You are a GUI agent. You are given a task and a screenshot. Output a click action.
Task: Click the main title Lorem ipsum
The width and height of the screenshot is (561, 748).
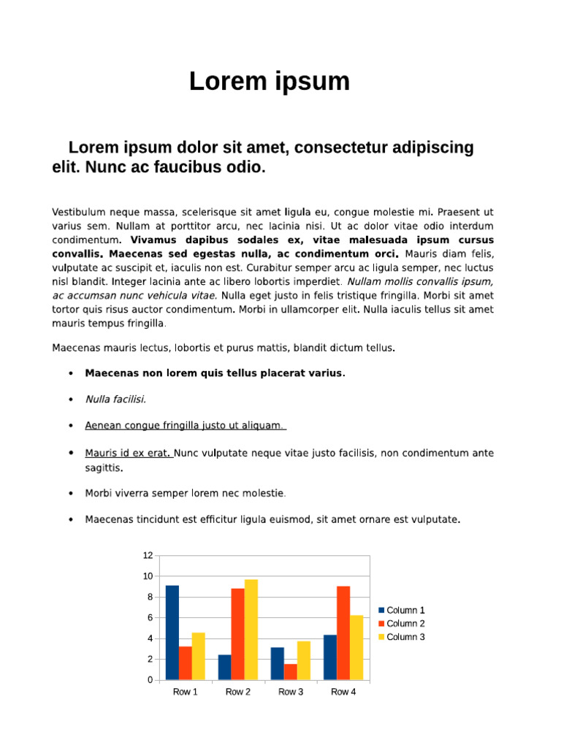point(270,82)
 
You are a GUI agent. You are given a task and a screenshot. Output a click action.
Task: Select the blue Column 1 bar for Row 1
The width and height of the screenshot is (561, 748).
point(172,633)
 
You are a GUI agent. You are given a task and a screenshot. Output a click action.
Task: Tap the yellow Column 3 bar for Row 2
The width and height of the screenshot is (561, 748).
point(251,629)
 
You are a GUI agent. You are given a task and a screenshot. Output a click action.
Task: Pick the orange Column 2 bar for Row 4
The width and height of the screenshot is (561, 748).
point(343,633)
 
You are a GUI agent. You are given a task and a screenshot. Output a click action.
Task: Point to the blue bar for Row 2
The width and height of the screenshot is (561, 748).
point(224,667)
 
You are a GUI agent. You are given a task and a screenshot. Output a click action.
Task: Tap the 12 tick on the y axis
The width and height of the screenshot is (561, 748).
point(148,556)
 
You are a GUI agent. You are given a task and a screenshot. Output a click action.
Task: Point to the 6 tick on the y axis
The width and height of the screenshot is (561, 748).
point(150,618)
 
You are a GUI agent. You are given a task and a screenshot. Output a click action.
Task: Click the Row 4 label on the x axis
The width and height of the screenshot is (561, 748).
point(343,692)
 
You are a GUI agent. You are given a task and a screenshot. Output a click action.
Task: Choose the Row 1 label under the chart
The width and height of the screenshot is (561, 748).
point(185,692)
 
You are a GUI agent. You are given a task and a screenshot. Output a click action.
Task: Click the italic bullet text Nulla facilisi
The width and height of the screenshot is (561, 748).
point(115,399)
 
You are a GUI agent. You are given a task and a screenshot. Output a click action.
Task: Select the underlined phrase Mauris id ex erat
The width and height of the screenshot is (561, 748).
point(128,453)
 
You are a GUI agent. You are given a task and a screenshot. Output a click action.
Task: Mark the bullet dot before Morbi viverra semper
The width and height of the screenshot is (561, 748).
point(70,493)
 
